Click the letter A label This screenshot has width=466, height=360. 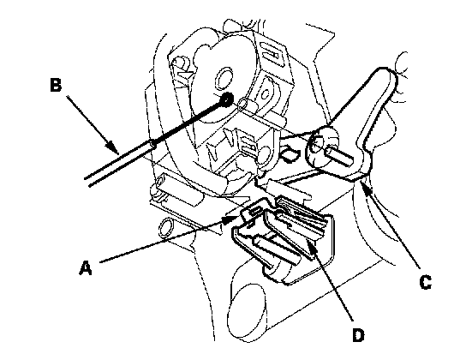tap(86, 267)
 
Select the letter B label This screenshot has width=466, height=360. tap(56, 84)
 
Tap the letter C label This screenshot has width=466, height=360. tap(425, 282)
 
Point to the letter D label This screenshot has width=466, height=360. tap(358, 335)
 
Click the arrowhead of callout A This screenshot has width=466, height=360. tap(230, 219)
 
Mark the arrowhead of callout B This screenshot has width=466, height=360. tap(112, 147)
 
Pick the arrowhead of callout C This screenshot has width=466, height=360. tap(366, 188)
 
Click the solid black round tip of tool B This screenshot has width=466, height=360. tap(227, 99)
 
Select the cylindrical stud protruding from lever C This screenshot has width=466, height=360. tap(339, 155)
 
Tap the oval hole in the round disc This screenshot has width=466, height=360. tap(224, 79)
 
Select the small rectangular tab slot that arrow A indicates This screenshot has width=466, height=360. tap(255, 212)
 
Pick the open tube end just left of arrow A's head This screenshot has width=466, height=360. tap(165, 228)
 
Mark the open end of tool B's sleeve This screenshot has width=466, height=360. tap(152, 144)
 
